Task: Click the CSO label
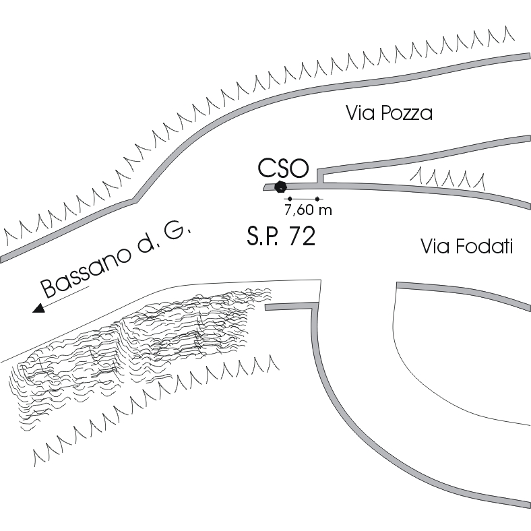coord(282,167)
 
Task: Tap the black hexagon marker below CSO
coord(281,185)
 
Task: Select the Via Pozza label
coord(388,113)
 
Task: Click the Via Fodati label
coord(466,247)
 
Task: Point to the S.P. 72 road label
coord(280,236)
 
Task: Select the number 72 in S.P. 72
coord(301,236)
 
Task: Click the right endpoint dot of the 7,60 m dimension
coord(317,199)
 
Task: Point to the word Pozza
coord(407,113)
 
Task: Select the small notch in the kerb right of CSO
coord(321,177)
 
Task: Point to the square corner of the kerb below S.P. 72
coord(314,307)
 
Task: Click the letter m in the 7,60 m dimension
coord(326,210)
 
